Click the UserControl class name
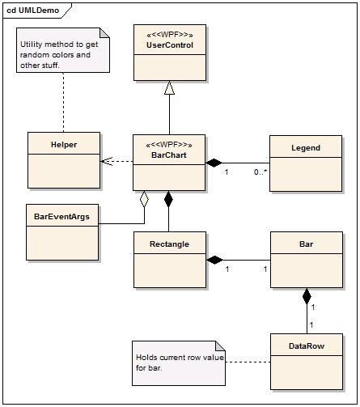pyautogui.click(x=170, y=45)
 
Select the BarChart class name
pyautogui.click(x=169, y=155)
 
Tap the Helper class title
pyautogui.click(x=64, y=145)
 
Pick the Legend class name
pyautogui.click(x=306, y=148)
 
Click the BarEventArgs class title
pyautogui.click(x=61, y=217)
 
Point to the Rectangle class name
pyautogui.click(x=169, y=244)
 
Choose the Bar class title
pyautogui.click(x=306, y=244)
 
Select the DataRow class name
pyautogui.click(x=307, y=346)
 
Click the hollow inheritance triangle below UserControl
pyautogui.click(x=169, y=87)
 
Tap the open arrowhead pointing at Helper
pyautogui.click(x=106, y=161)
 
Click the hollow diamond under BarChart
pyautogui.click(x=144, y=199)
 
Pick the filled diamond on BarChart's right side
pyautogui.click(x=214, y=163)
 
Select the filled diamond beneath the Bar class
pyautogui.click(x=307, y=296)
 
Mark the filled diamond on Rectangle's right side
pyautogui.click(x=214, y=260)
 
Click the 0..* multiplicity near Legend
pyautogui.click(x=260, y=172)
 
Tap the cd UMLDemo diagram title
pyautogui.click(x=32, y=11)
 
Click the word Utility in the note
pyautogui.click(x=30, y=45)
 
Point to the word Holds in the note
pyautogui.click(x=146, y=358)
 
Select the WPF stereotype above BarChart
pyautogui.click(x=169, y=145)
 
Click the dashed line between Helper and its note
pyautogui.click(x=64, y=102)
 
